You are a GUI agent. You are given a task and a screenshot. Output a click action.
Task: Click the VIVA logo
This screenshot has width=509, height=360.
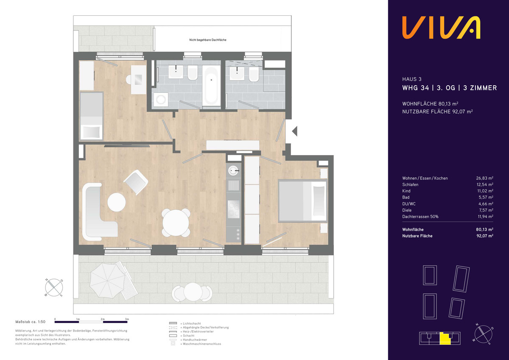click(x=441, y=28)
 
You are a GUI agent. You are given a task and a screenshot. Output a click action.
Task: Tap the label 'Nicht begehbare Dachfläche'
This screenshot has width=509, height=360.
click(x=208, y=40)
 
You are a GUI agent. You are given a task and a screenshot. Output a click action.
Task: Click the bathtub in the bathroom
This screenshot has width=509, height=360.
click(x=211, y=86)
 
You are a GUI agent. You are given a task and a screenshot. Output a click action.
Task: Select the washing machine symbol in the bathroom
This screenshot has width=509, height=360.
click(x=161, y=100)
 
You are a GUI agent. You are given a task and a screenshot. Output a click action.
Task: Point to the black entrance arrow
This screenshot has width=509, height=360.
click(x=295, y=131)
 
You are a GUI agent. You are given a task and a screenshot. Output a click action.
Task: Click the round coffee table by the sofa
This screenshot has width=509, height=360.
click(x=117, y=202)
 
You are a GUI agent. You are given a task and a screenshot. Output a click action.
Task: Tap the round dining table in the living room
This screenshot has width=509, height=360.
click(x=176, y=223)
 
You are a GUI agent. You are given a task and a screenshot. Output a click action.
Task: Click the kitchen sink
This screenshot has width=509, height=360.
click(x=233, y=170)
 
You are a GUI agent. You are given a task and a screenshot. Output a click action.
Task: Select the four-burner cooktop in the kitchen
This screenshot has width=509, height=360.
click(x=234, y=209)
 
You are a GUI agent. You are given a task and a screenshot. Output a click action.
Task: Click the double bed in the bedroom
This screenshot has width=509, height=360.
click(x=303, y=201)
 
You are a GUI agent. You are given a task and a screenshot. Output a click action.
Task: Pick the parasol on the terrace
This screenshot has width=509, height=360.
click(x=107, y=281)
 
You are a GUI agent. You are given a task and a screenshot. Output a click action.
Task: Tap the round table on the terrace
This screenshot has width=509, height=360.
click(x=192, y=292)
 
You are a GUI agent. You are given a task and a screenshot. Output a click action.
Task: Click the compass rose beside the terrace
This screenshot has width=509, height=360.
click(x=54, y=287)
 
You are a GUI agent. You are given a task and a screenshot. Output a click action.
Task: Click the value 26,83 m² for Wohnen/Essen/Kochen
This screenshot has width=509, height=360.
click(x=485, y=178)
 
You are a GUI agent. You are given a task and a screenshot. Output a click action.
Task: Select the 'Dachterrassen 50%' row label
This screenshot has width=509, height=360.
click(x=420, y=216)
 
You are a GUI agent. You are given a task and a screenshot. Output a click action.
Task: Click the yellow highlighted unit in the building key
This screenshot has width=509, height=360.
click(x=445, y=339)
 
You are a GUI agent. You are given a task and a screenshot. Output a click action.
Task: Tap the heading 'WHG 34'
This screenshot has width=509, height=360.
click(x=416, y=88)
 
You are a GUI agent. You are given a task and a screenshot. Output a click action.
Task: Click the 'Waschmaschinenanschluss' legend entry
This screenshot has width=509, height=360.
click(x=202, y=344)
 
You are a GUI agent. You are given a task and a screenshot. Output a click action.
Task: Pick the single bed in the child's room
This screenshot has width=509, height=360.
click(x=91, y=116)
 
